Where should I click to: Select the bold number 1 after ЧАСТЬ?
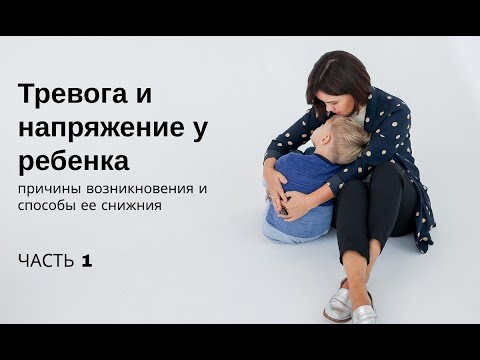87,261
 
